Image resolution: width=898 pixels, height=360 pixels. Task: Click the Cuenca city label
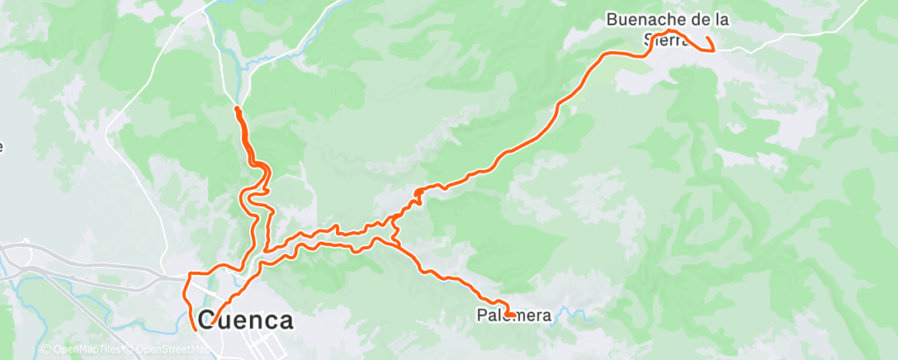coord(246,320)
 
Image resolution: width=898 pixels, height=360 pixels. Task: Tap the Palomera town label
coord(514,315)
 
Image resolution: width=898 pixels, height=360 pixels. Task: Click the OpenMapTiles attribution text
coord(85,349)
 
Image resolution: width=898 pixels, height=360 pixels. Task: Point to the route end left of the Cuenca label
coord(195,329)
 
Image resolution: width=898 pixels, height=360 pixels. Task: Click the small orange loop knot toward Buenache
coord(418,194)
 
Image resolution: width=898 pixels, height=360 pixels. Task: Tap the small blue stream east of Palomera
coord(574,314)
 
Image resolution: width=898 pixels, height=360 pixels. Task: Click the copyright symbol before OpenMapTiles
coord(45,349)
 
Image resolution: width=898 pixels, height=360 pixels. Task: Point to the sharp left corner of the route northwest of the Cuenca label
coord(186,273)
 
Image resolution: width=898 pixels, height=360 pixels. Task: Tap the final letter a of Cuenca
coord(284,320)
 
